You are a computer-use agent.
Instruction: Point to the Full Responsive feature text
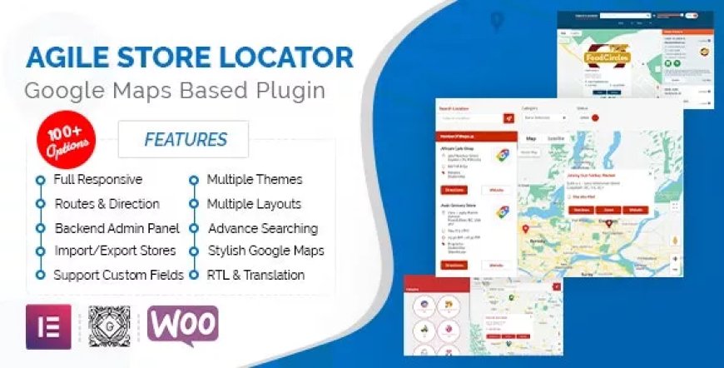point(98,179)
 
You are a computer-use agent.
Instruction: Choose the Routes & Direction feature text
point(107,203)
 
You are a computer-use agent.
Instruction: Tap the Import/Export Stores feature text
point(115,251)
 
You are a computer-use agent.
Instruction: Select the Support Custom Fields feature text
point(119,274)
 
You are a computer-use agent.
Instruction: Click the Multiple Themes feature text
point(254,179)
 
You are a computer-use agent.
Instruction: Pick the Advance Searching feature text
point(262,227)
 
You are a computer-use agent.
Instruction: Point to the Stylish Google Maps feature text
point(265,251)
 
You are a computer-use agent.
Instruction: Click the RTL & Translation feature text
point(255,274)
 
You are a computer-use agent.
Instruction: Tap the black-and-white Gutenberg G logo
point(109,325)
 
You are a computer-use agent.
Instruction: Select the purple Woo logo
point(182,325)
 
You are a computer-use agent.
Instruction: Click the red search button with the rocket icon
point(508,118)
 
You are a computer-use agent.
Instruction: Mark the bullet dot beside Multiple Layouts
point(193,203)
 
